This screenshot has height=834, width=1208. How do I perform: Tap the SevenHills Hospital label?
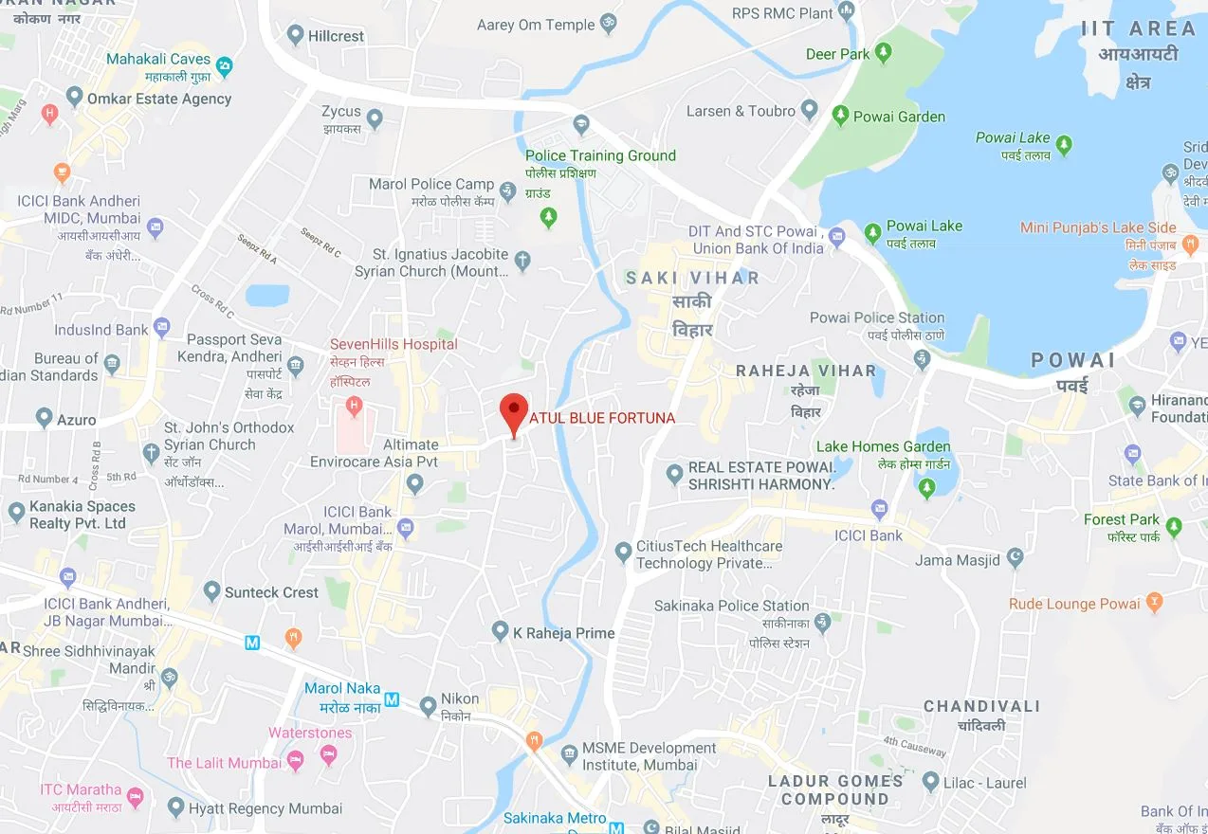pos(393,344)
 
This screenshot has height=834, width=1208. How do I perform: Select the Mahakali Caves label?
pos(157,59)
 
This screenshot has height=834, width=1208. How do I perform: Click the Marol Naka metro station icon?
pos(392,702)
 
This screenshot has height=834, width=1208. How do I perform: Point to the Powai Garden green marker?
pos(839,116)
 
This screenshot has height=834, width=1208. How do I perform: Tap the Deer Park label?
pos(837,54)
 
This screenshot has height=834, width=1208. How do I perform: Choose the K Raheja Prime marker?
pos(500,630)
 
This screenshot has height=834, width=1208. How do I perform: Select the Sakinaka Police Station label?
pos(731,606)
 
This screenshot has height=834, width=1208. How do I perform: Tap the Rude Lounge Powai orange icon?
pos(1154,600)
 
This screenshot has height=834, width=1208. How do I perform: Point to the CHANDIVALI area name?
pos(981,706)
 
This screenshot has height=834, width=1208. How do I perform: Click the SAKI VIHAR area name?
pos(692,278)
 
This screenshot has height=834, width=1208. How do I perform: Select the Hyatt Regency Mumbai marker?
pos(174,807)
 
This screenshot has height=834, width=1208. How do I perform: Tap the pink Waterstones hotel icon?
pos(328,754)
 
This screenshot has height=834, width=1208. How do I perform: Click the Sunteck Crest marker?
pos(211,592)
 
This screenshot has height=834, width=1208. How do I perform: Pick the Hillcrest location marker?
pos(293,36)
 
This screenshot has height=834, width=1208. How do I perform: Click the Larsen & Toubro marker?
pos(809,111)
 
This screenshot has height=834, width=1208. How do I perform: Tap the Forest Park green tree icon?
pos(1174,526)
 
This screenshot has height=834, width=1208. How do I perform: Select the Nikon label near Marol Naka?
pos(460,699)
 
